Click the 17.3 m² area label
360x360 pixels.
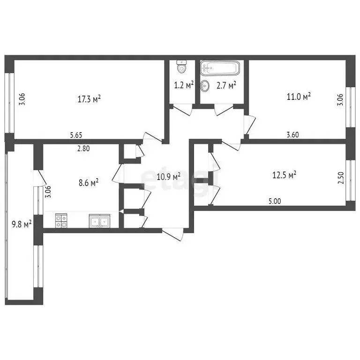pos(90,99)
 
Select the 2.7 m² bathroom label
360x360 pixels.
pos(225,85)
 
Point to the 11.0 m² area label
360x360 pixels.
pos(299,97)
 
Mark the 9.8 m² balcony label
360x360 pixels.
pos(21,224)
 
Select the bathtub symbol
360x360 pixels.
pos(220,68)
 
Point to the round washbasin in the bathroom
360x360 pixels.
pos(205,86)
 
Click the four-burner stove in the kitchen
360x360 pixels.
pos(61,220)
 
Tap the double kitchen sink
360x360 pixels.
pos(99,220)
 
